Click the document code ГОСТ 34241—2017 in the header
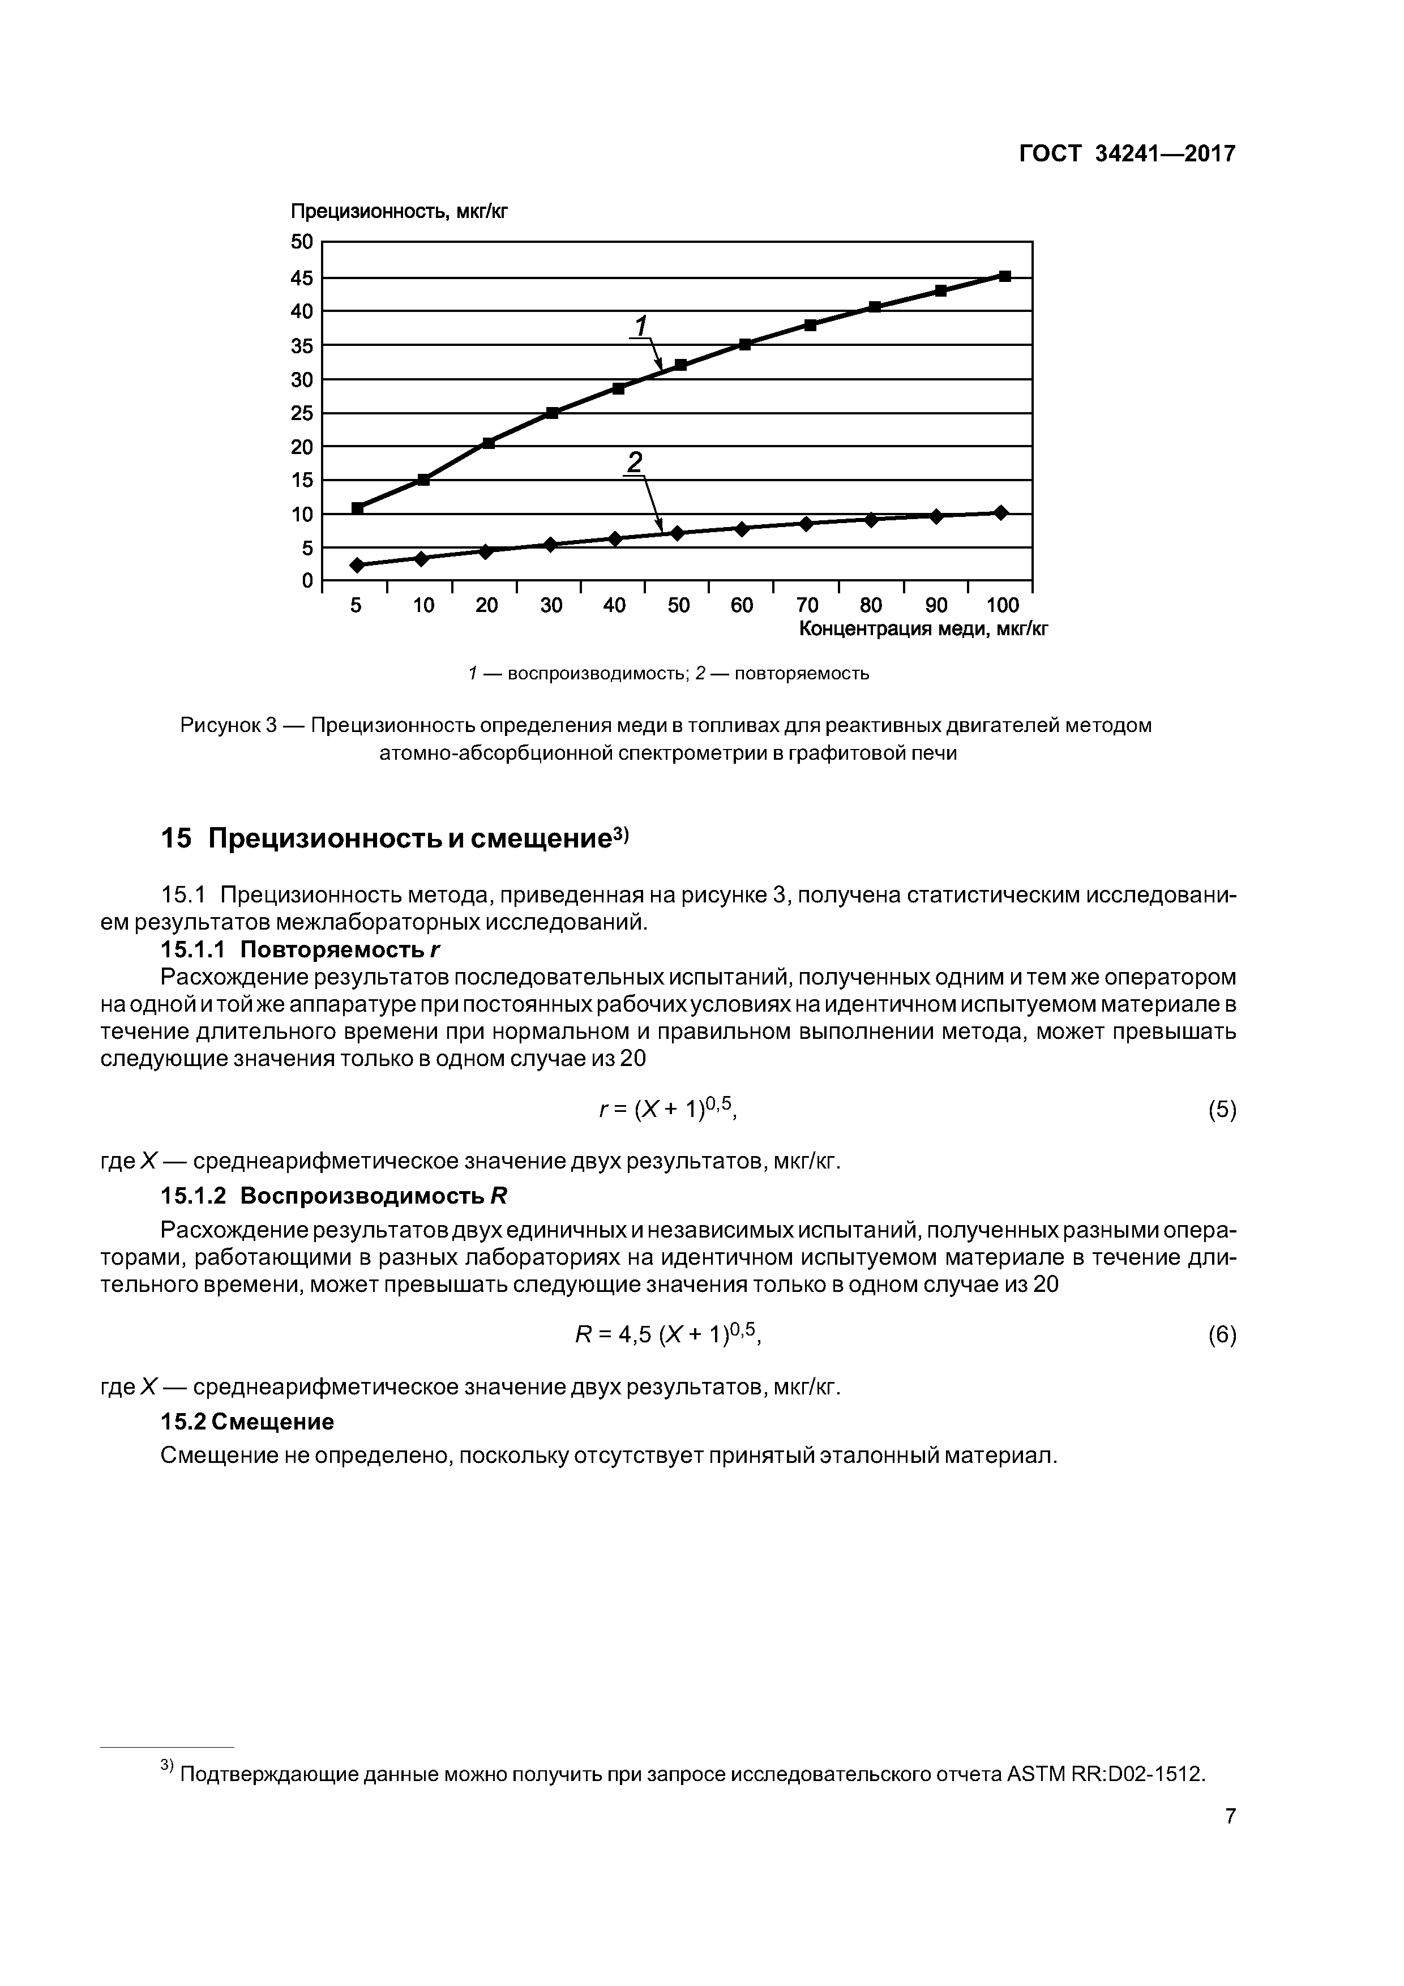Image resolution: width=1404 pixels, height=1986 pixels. click(x=1127, y=154)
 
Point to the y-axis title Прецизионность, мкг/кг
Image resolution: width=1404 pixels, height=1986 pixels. click(x=399, y=212)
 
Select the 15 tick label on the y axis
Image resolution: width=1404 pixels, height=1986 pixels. click(x=302, y=480)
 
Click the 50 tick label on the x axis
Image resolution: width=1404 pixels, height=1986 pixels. click(x=678, y=606)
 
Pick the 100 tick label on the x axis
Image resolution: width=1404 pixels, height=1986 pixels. click(x=1003, y=606)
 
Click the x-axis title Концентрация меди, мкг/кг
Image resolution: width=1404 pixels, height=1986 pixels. click(x=923, y=629)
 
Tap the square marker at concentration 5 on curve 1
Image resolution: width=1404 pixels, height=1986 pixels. click(x=357, y=508)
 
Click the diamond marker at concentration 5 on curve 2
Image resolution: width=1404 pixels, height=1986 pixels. click(x=357, y=565)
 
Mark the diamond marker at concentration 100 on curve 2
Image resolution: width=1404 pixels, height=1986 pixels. click(x=1001, y=512)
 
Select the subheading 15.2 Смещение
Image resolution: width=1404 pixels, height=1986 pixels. click(x=247, y=1422)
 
